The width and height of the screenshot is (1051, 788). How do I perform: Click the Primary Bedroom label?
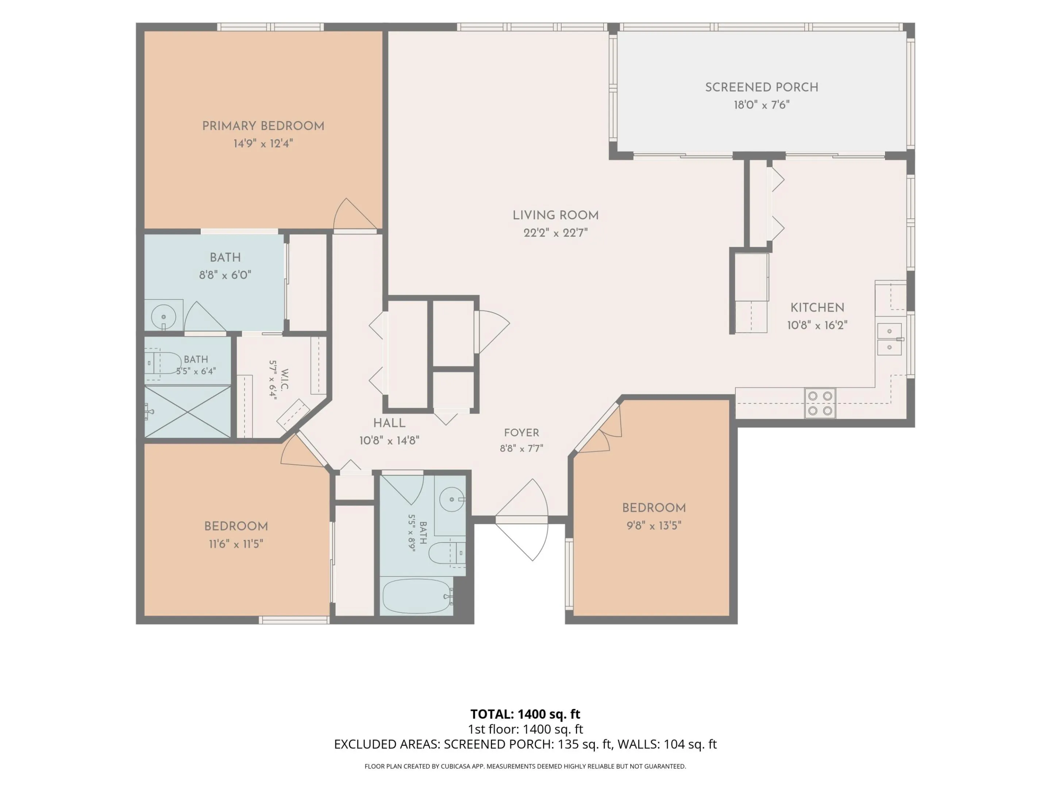click(x=263, y=126)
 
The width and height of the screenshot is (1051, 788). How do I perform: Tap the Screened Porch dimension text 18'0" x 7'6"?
click(x=762, y=105)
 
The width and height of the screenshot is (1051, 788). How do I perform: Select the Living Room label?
click(x=555, y=215)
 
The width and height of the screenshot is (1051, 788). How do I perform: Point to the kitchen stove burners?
click(x=820, y=403)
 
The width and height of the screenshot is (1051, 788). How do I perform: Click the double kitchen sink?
click(x=889, y=339)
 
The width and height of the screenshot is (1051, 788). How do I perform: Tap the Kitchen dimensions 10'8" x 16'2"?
click(x=817, y=325)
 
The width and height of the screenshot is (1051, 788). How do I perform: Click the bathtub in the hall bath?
click(x=417, y=596)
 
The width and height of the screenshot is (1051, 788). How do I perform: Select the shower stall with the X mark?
click(x=188, y=412)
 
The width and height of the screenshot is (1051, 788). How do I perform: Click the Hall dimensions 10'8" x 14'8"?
click(x=389, y=441)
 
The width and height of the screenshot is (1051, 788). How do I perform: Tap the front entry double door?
click(x=522, y=520)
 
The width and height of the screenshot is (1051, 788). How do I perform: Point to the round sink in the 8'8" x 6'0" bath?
click(x=163, y=316)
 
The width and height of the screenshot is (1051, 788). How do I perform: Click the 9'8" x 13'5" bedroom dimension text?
click(x=654, y=525)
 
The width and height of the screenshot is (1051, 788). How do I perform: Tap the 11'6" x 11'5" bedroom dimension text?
click(x=236, y=544)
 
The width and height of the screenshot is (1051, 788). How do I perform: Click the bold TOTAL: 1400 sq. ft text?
click(x=525, y=714)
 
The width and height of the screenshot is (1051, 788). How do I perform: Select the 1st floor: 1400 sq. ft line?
click(x=525, y=729)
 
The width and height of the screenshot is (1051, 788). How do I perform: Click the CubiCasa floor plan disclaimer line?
click(x=525, y=766)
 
